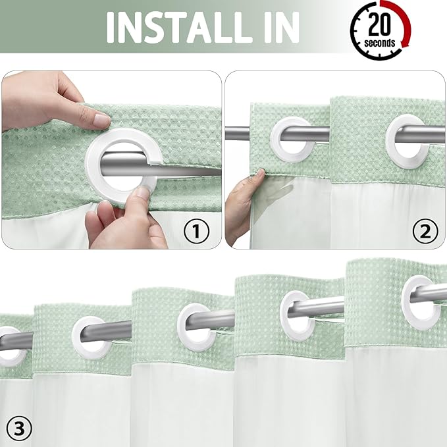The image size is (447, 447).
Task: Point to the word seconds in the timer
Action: point(380,43)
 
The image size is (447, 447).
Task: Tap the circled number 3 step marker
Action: point(20,429)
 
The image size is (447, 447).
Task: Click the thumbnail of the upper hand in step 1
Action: point(101,120)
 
